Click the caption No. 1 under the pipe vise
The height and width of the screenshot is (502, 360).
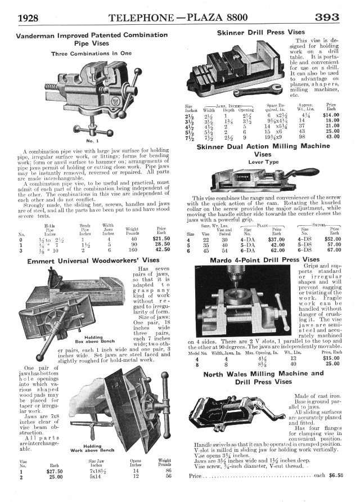[93, 140]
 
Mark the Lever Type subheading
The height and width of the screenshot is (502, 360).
[263, 162]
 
